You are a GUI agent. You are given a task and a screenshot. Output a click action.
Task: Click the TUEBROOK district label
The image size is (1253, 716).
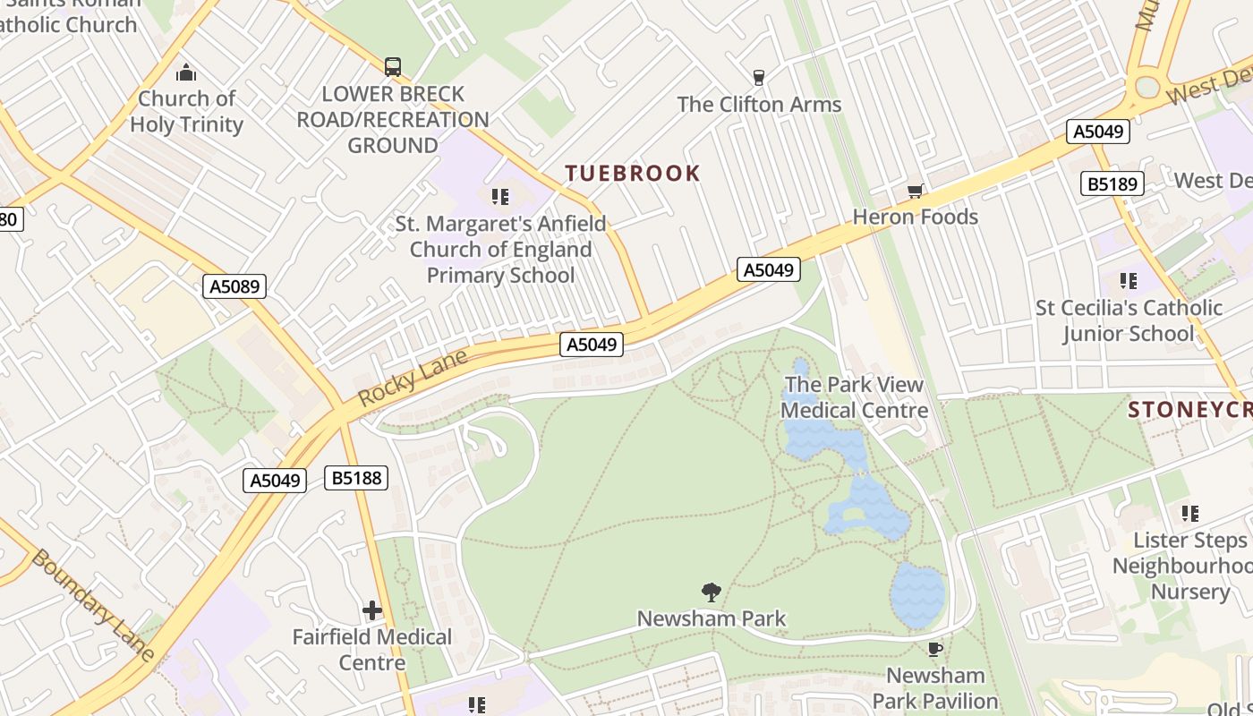pos(632,174)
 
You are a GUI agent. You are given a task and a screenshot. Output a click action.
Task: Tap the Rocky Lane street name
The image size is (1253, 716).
pos(413,379)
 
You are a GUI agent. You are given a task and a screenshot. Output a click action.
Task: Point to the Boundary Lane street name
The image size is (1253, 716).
pos(94,605)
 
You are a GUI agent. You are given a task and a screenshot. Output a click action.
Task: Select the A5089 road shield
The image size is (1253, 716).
pos(235,286)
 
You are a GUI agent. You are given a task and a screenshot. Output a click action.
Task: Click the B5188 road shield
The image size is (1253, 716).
pos(357,478)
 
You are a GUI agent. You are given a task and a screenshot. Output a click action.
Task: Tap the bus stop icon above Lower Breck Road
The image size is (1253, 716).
pos(392,66)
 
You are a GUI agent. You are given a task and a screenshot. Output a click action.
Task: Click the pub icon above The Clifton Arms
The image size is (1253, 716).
pos(759,78)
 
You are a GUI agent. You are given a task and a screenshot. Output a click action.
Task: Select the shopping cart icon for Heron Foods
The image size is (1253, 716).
pos(915,191)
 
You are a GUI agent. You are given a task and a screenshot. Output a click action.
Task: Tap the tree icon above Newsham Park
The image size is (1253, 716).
pos(712,592)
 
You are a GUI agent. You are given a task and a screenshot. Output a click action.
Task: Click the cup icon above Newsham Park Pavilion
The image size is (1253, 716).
pos(935,649)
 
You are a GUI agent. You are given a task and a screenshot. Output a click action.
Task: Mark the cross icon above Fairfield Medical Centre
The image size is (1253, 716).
pos(372,610)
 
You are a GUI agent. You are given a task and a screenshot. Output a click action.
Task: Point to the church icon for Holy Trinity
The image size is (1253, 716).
pos(186,72)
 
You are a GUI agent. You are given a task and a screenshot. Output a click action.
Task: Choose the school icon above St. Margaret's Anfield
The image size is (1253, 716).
pos(500,196)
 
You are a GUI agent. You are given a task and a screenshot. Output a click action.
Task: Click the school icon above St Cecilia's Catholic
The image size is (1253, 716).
pos(1129,281)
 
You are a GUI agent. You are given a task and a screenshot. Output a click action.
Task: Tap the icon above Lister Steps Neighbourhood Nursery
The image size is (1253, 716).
pos(1189,514)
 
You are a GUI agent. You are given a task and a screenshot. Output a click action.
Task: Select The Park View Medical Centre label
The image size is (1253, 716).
pos(854,398)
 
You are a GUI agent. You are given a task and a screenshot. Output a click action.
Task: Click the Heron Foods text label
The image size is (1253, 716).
pos(915,217)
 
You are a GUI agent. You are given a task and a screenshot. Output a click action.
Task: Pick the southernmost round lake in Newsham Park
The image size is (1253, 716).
pos(917,595)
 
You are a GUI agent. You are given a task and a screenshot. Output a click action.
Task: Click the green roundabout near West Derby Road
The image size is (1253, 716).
pos(1146,87)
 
